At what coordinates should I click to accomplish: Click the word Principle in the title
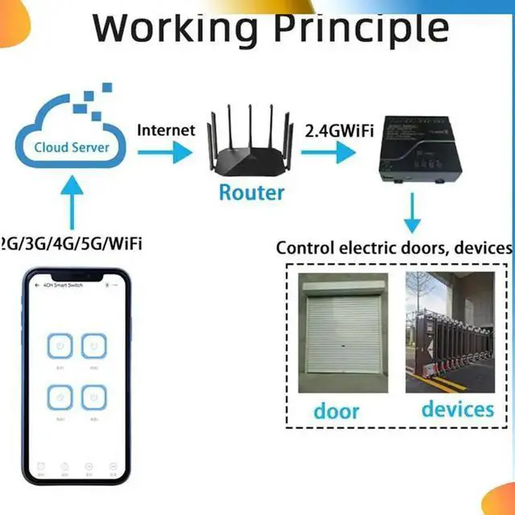click(x=361, y=28)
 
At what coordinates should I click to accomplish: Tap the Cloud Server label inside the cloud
click(x=72, y=147)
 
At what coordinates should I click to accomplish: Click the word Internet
click(x=166, y=129)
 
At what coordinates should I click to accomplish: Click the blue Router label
click(x=252, y=192)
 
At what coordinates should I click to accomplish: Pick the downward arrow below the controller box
click(x=412, y=216)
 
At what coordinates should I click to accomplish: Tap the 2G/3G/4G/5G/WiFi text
click(x=71, y=243)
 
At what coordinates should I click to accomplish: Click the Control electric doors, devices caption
click(x=393, y=247)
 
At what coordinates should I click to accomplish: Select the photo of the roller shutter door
click(x=342, y=332)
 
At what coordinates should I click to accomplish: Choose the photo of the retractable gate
click(x=449, y=332)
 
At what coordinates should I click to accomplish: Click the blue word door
click(x=336, y=410)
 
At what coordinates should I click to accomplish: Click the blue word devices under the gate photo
click(x=457, y=409)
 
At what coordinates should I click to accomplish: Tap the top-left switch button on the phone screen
click(x=60, y=348)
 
